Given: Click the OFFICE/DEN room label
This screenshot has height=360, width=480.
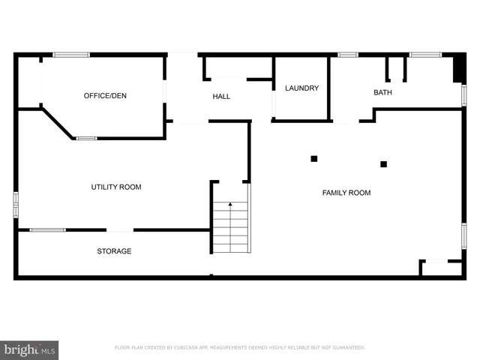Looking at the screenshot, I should click(104, 96).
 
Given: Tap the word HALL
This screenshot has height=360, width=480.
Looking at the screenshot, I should click(221, 97).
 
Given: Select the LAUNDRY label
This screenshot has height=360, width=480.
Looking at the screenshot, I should click(301, 88).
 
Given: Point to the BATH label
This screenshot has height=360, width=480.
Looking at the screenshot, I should click(382, 93).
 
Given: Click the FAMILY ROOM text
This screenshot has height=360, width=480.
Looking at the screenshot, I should click(346, 193).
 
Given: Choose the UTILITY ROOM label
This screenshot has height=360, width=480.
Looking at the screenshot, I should click(115, 187).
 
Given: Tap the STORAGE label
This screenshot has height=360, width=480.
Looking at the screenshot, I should click(114, 251).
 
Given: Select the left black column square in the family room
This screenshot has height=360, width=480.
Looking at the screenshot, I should click(314, 157).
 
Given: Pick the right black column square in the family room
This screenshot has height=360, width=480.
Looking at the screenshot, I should click(383, 163).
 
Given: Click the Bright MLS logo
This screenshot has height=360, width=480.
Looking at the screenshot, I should click(29, 349).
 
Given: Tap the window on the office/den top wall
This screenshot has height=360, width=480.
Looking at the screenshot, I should click(71, 55).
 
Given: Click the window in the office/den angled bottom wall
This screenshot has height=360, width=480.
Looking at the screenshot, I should click(86, 138).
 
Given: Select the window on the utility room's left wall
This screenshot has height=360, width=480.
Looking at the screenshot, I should click(16, 205).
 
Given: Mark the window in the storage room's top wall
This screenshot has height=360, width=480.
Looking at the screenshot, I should click(47, 229).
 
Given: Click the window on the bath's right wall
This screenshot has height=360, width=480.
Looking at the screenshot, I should click(463, 95).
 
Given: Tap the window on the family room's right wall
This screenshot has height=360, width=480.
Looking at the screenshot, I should click(463, 235).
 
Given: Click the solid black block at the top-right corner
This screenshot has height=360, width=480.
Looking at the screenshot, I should click(458, 68).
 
